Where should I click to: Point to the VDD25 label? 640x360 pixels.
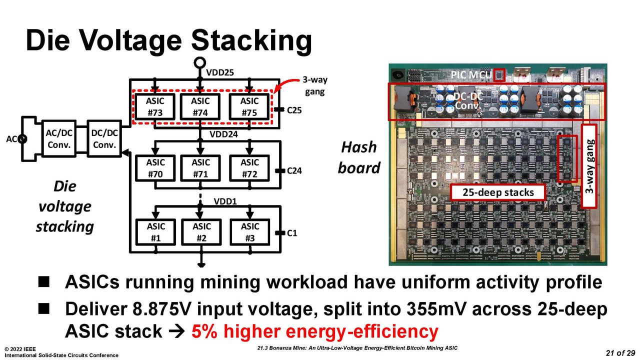pos(219,72)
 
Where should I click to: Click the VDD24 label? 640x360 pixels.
pos(223,134)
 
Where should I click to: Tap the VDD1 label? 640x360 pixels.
pos(225,201)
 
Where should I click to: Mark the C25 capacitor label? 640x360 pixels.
pos(294,110)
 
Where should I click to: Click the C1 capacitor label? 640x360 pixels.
pos(292,233)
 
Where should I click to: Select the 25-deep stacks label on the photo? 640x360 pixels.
pos(498,192)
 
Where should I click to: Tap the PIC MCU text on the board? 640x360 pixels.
pos(471,75)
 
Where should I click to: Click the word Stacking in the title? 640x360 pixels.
pos(251,40)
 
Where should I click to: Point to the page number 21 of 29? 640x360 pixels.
pos(620,353)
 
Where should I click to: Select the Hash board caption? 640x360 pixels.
pos(359,157)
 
